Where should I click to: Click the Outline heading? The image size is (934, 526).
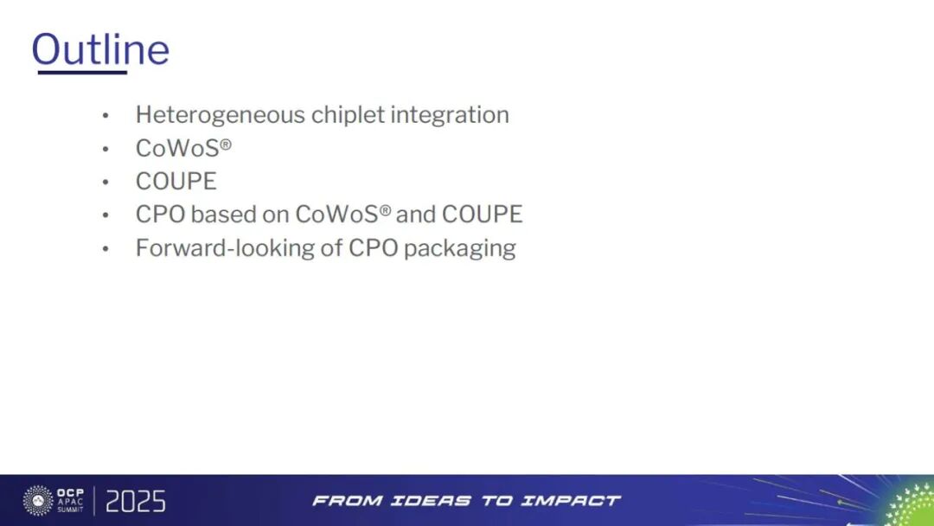tap(100, 49)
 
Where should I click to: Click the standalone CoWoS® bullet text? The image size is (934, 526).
tap(183, 149)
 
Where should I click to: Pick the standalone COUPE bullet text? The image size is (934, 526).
tap(176, 182)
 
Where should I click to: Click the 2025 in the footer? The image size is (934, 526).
tap(135, 501)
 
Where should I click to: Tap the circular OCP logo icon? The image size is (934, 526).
tap(37, 500)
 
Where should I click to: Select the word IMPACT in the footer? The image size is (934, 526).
tap(573, 500)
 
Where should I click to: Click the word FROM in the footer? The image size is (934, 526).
tap(342, 500)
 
